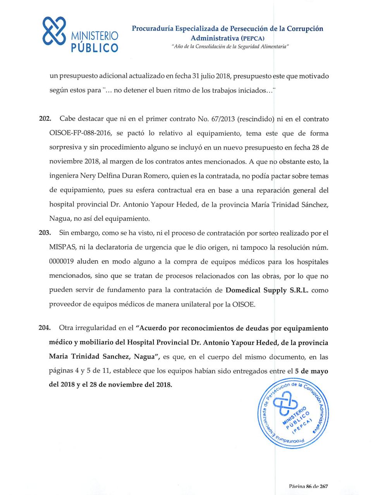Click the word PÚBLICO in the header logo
pos(95,48)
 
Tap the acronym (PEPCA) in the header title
pos(253,38)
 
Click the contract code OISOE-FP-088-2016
pos(81,133)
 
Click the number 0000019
pos(62,262)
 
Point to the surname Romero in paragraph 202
pos(158,176)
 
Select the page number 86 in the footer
pos(309,486)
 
